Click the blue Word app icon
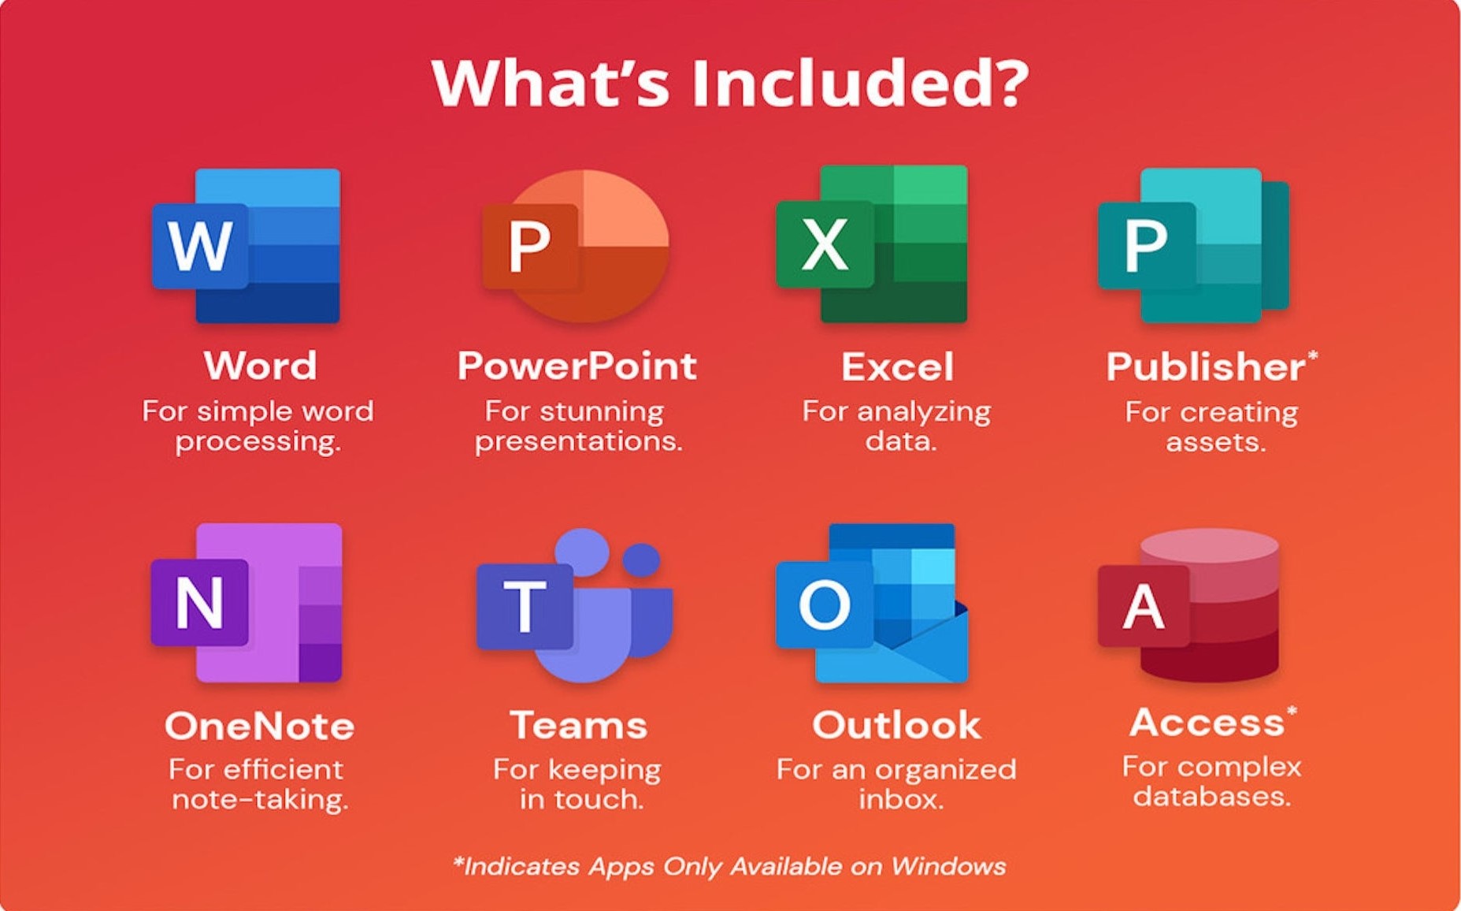pyautogui.click(x=246, y=246)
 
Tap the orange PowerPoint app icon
pyautogui.click(x=576, y=246)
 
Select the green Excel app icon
pyautogui.click(x=872, y=244)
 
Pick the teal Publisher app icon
pyautogui.click(x=1194, y=245)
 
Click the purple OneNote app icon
pyautogui.click(x=247, y=603)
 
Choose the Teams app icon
pyautogui.click(x=575, y=605)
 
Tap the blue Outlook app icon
pyautogui.click(x=872, y=603)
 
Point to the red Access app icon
pyautogui.click(x=1188, y=604)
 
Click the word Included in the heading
pyautogui.click(x=860, y=83)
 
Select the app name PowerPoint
pyautogui.click(x=577, y=366)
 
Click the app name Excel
pyautogui.click(x=897, y=366)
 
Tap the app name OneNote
pyautogui.click(x=259, y=726)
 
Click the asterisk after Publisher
pyautogui.click(x=1312, y=357)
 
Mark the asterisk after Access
pyautogui.click(x=1291, y=713)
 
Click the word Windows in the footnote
pyautogui.click(x=948, y=866)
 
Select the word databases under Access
pyautogui.click(x=1212, y=796)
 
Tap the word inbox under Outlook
pyautogui.click(x=900, y=799)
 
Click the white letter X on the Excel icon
pyautogui.click(x=825, y=244)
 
